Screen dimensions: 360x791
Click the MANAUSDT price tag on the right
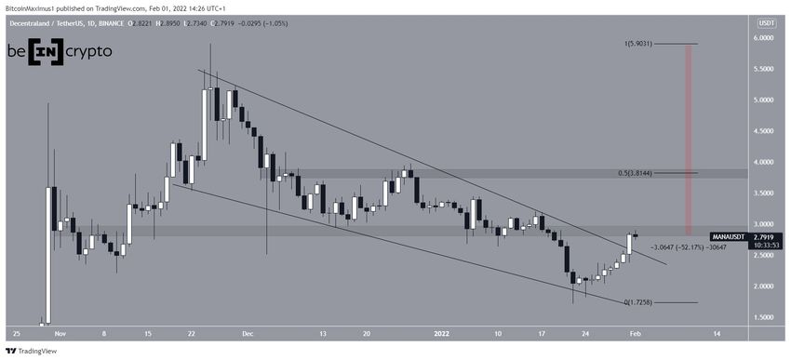(728, 237)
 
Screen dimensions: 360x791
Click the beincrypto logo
(60, 52)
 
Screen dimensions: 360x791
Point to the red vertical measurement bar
(689, 140)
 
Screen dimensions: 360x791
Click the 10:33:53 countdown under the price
(727, 247)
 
